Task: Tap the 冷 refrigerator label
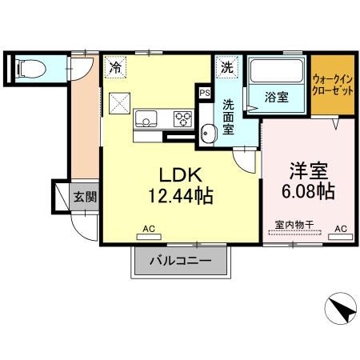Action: pos(117,67)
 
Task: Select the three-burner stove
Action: pos(182,120)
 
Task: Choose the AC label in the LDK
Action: pos(148,230)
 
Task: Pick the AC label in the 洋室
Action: pos(340,229)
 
